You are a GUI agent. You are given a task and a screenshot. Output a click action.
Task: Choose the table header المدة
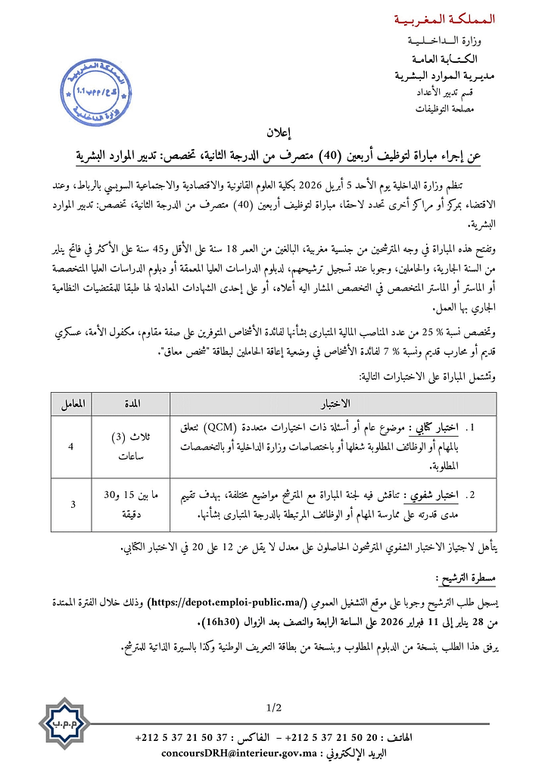click(x=130, y=403)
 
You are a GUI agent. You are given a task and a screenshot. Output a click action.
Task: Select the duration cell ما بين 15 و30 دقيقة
click(x=130, y=503)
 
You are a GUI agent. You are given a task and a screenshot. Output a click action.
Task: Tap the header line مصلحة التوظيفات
click(x=460, y=109)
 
